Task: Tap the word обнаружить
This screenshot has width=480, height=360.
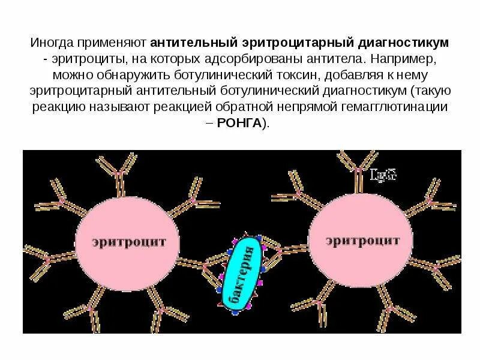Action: point(113,75)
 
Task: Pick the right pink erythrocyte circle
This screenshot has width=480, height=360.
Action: point(362,242)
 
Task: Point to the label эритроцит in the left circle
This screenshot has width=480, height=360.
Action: point(127,243)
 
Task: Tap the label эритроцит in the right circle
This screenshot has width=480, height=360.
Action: point(362,241)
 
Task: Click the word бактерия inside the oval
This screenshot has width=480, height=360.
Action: point(244,274)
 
